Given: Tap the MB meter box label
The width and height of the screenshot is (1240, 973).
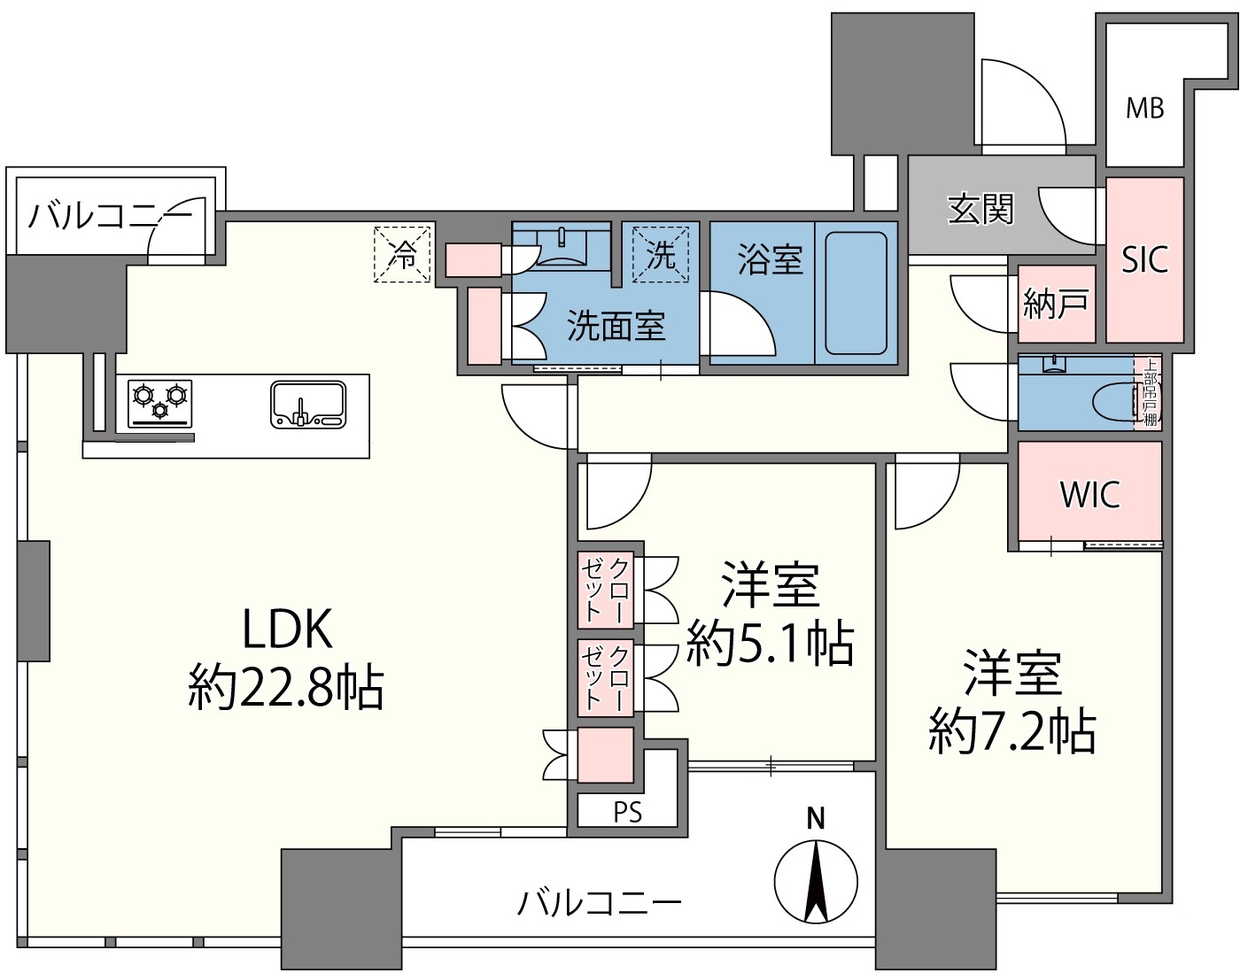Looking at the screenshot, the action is pyautogui.click(x=1144, y=108).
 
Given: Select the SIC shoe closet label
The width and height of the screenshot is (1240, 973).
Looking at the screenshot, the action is pyautogui.click(x=1144, y=259).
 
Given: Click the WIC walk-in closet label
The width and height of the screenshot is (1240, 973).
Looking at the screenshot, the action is pyautogui.click(x=1090, y=494).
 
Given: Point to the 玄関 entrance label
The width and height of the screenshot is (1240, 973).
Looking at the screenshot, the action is pyautogui.click(x=980, y=209).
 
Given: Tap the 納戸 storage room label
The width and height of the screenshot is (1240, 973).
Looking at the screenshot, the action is pyautogui.click(x=1056, y=303).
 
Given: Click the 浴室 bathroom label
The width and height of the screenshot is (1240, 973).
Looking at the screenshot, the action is pyautogui.click(x=771, y=259).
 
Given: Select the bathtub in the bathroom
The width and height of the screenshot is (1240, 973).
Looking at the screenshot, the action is pyautogui.click(x=856, y=292).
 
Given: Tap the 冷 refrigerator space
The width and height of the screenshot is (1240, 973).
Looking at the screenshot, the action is pyautogui.click(x=402, y=254).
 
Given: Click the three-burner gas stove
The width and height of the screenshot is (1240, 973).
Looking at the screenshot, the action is pyautogui.click(x=160, y=403).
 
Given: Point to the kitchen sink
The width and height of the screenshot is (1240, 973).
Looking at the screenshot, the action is pyautogui.click(x=308, y=405).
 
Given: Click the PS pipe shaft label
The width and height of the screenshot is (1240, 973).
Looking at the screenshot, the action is pyautogui.click(x=628, y=812).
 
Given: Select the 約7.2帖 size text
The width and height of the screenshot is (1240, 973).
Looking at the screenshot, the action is pyautogui.click(x=1012, y=732).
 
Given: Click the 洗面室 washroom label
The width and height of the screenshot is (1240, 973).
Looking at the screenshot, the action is pyautogui.click(x=616, y=327).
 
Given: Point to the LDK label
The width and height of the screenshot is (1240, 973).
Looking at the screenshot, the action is pyautogui.click(x=288, y=629).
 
